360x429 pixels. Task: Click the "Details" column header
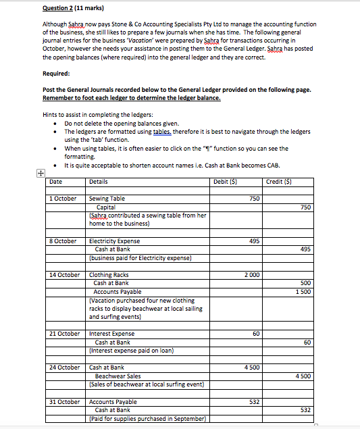[x=99, y=181]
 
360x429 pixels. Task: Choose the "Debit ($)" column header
[x=224, y=181]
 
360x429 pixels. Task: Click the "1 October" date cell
[x=63, y=199]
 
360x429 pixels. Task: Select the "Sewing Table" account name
[x=107, y=199]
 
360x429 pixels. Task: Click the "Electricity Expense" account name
[x=115, y=241]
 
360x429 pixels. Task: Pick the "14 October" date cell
[x=65, y=275]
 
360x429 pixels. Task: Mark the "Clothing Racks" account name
[x=110, y=275]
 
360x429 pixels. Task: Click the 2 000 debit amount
[x=251, y=275]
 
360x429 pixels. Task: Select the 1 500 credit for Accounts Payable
[x=303, y=292]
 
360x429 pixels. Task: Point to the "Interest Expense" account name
[x=112, y=334]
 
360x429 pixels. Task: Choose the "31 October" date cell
[x=65, y=402]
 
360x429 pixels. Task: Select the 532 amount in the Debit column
[x=254, y=402]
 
